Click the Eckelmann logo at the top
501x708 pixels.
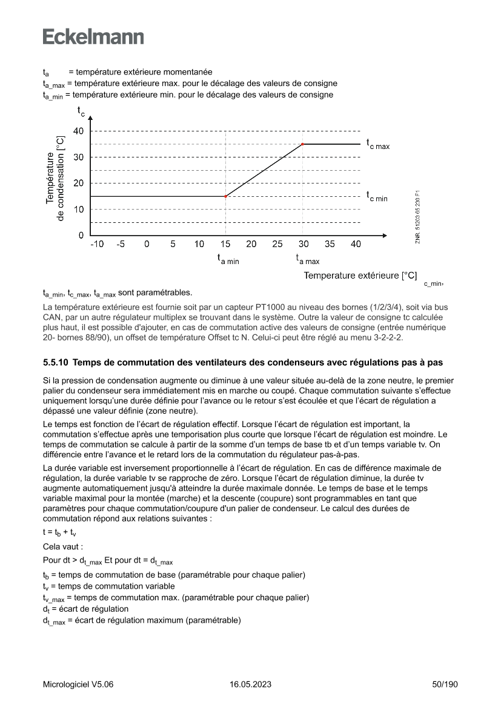93,36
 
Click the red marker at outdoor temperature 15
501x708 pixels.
225,196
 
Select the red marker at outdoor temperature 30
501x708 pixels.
303,144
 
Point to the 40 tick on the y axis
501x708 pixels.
79,131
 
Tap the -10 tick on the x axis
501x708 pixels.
96,244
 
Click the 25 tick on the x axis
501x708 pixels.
277,244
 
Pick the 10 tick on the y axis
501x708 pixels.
79,210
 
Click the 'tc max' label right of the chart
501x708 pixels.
377,145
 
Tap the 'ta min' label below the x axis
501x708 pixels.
228,259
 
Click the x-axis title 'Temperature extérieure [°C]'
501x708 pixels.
360,276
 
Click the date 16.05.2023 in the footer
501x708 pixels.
250,684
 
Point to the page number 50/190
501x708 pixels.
444,684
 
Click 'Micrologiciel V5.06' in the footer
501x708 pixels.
78,684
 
